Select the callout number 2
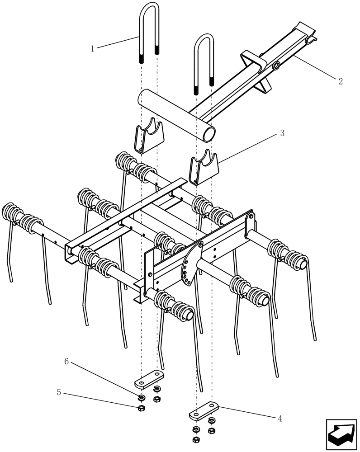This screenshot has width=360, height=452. tap(340, 81)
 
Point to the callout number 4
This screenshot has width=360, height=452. tap(280, 419)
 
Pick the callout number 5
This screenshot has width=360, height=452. tap(59, 392)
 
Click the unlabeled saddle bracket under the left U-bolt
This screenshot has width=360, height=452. tap(149, 136)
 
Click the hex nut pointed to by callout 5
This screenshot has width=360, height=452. tap(141, 408)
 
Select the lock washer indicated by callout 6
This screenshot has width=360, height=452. tap(141, 398)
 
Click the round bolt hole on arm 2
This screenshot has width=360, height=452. tap(275, 67)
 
